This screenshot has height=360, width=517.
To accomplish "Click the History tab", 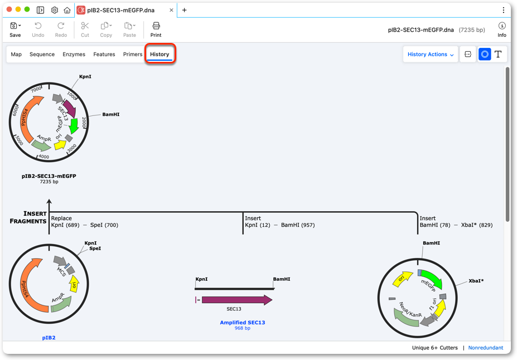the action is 160,55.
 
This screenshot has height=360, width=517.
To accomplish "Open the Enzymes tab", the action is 74,55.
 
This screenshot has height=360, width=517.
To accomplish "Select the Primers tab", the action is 133,55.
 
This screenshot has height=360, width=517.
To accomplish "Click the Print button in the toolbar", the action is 156,30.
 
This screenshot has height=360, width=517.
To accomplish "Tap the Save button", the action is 15,30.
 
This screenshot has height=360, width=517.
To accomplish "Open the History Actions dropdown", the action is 431,55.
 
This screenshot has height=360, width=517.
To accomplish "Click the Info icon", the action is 502,30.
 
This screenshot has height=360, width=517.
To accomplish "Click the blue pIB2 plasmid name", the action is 49,338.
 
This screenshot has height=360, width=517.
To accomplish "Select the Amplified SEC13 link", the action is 243,323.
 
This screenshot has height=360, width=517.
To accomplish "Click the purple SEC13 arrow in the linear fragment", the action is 237,300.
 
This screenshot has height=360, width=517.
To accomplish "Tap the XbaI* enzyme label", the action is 476,281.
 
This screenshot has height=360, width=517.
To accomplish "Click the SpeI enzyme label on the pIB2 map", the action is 95,249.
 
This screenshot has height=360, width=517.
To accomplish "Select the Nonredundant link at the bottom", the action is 486,348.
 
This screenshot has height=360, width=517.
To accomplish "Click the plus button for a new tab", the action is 184,10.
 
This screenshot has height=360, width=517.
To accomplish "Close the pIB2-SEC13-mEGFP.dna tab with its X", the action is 171,10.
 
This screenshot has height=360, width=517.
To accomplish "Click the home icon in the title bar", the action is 67,10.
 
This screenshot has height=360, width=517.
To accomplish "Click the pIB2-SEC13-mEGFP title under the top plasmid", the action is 49,176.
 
